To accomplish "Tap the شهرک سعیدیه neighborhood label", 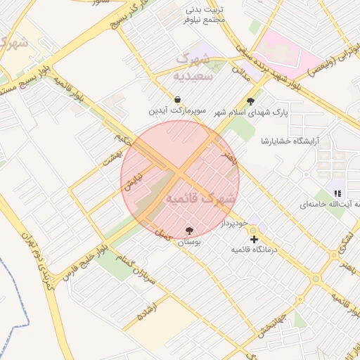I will point(192,67).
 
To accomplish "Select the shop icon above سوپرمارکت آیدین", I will point(177,100).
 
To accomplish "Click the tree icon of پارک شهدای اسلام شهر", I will point(250,101).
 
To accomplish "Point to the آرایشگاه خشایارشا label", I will point(290,141).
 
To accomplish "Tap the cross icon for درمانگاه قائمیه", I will point(254,239).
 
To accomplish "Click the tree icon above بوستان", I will point(189,231).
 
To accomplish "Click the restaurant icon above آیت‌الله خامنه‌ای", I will point(337,193).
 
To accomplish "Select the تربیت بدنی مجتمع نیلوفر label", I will point(205,15).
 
